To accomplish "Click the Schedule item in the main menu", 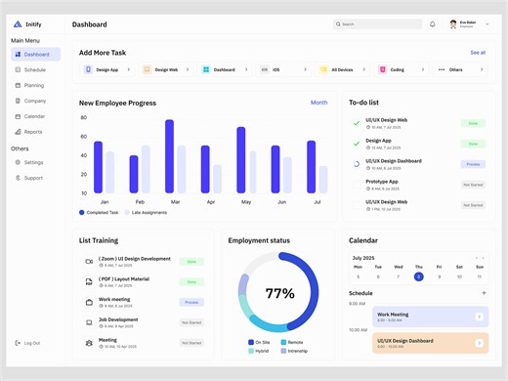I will point(34,70).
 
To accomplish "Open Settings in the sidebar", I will point(33,162).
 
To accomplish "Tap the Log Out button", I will point(31,343).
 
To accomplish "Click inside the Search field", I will point(379,23).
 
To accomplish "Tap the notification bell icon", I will point(433,23).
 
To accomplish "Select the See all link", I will point(477,53).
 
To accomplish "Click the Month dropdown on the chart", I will point(318,103).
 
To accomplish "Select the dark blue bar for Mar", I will point(169,156).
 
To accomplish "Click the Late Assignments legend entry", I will point(147,212).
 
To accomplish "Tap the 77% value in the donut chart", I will point(279,293).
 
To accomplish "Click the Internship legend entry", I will point(294,351).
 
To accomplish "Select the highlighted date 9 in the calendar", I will point(418,276).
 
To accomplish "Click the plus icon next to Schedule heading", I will point(483,293).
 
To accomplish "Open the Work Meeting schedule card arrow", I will point(479,317).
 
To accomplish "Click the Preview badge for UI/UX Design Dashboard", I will point(473,164).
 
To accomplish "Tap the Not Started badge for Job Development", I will point(191,322).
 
